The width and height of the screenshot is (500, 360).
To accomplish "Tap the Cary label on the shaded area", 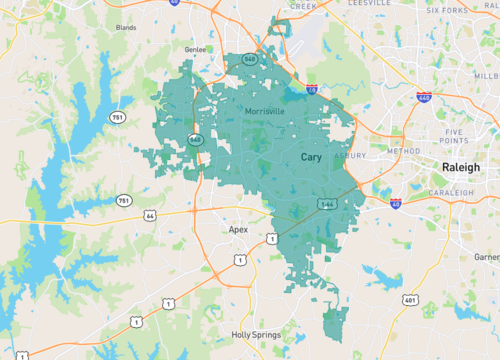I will pyautogui.click(x=311, y=157).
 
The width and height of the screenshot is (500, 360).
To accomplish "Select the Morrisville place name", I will pyautogui.click(x=267, y=111).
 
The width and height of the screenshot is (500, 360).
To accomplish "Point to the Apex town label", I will pyautogui.click(x=237, y=229).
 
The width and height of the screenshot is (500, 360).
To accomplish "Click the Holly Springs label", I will pyautogui.click(x=253, y=335).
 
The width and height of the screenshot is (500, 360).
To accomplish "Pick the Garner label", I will pyautogui.click(x=487, y=257).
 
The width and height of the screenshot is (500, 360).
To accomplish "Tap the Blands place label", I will pyautogui.click(x=126, y=28).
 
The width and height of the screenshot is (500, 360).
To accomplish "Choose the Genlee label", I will pyautogui.click(x=195, y=49).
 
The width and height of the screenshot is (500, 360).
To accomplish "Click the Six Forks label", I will pyautogui.click(x=447, y=11).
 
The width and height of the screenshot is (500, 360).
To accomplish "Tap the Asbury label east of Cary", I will pyautogui.click(x=349, y=156).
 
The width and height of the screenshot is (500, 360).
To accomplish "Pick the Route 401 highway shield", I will pyautogui.click(x=409, y=300).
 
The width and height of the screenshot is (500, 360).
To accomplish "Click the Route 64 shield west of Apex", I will pyautogui.click(x=149, y=215).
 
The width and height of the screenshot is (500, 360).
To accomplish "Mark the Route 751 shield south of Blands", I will pyautogui.click(x=119, y=118).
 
